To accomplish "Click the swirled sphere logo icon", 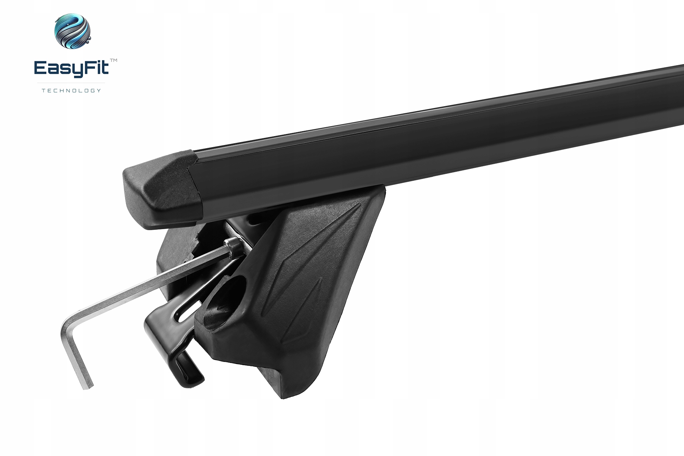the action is pyautogui.click(x=72, y=31).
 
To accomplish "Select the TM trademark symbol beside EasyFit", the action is pyautogui.click(x=113, y=61).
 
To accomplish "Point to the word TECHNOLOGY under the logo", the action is pyautogui.click(x=72, y=90).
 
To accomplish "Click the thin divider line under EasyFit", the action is pyautogui.click(x=71, y=83).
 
